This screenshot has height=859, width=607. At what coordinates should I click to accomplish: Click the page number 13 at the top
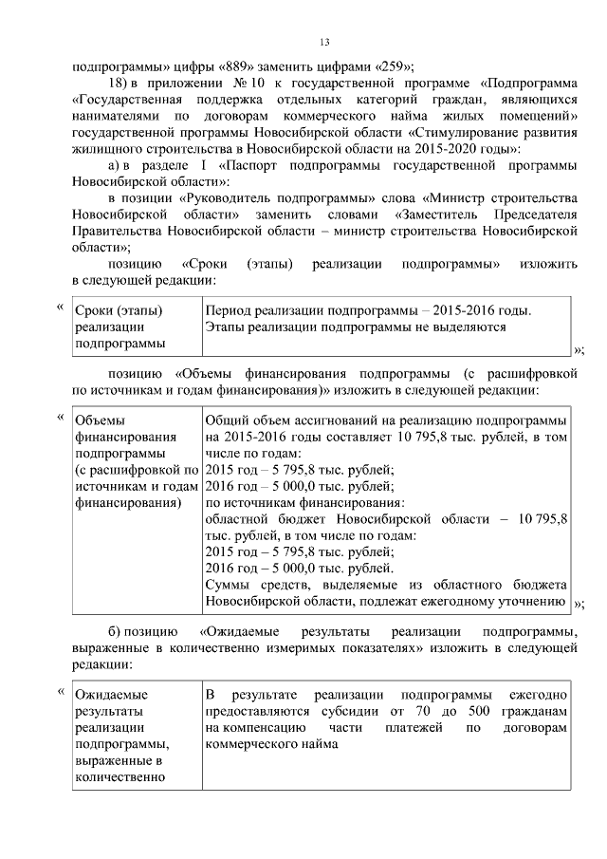pyautogui.click(x=323, y=42)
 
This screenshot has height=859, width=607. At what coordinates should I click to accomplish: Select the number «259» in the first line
pyautogui.click(x=390, y=66)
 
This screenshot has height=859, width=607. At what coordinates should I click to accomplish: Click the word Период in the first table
pyautogui.click(x=230, y=310)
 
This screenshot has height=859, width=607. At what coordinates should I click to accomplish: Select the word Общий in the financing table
pyautogui.click(x=227, y=420)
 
